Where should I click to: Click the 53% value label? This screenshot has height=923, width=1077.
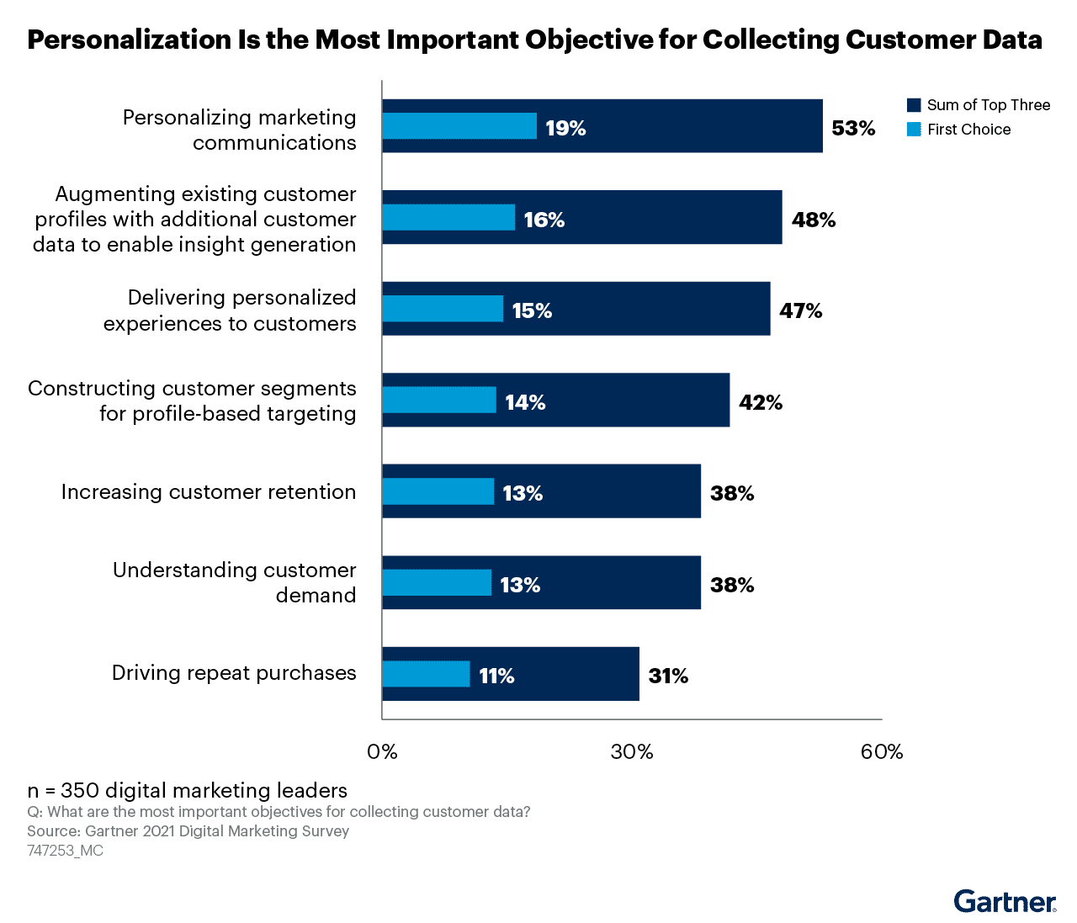(853, 128)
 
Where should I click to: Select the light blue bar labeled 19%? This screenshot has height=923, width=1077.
(459, 126)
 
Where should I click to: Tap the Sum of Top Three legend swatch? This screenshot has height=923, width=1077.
(914, 105)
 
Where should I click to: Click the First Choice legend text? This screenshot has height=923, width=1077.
(968, 130)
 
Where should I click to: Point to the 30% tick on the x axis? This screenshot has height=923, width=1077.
(632, 751)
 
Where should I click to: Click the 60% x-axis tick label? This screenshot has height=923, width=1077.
(881, 751)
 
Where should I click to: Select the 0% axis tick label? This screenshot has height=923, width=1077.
(383, 751)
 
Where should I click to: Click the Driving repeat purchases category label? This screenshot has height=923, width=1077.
(234, 673)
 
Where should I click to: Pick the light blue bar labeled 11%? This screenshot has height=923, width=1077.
(426, 674)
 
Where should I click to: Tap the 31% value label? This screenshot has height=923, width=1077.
(668, 676)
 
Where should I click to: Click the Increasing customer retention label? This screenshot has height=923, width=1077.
(209, 491)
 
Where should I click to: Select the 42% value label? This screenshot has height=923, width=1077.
(761, 402)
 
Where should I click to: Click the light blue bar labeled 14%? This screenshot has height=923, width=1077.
(439, 400)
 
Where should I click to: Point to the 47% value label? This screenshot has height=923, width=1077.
(800, 310)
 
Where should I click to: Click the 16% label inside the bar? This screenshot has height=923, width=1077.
(544, 220)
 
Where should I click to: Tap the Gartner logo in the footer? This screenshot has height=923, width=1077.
(1005, 902)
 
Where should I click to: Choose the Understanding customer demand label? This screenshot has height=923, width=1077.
(235, 582)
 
